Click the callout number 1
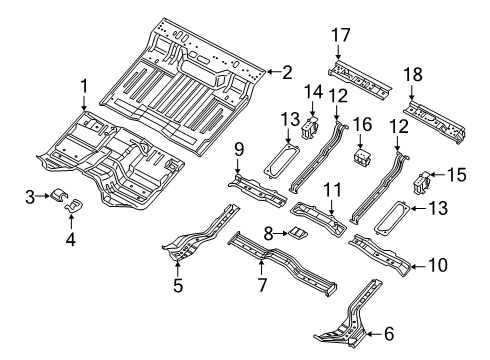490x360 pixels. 84,87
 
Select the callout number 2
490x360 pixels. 287,71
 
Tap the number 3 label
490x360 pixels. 32,197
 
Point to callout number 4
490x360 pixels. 69,237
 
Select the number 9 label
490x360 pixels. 240,150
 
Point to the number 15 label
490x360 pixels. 457,174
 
